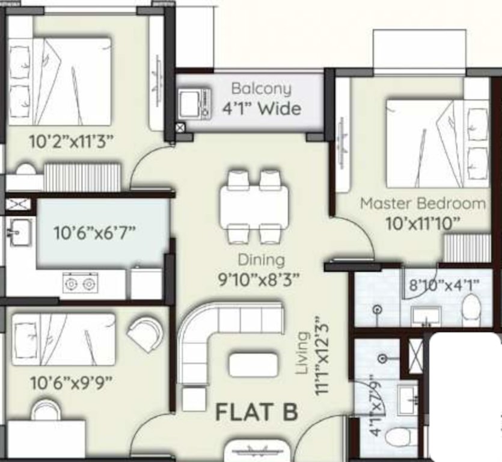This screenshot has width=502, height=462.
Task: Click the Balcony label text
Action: (x=261, y=89)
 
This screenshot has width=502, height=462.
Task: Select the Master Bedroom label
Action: (x=423, y=203)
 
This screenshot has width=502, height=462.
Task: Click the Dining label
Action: (x=261, y=260)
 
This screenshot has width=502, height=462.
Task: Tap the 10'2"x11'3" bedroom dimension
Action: (x=72, y=141)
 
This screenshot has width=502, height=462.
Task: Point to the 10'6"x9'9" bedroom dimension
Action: (x=72, y=382)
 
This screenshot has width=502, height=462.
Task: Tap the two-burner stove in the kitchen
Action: (x=81, y=283)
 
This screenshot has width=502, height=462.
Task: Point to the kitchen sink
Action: (x=19, y=229)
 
